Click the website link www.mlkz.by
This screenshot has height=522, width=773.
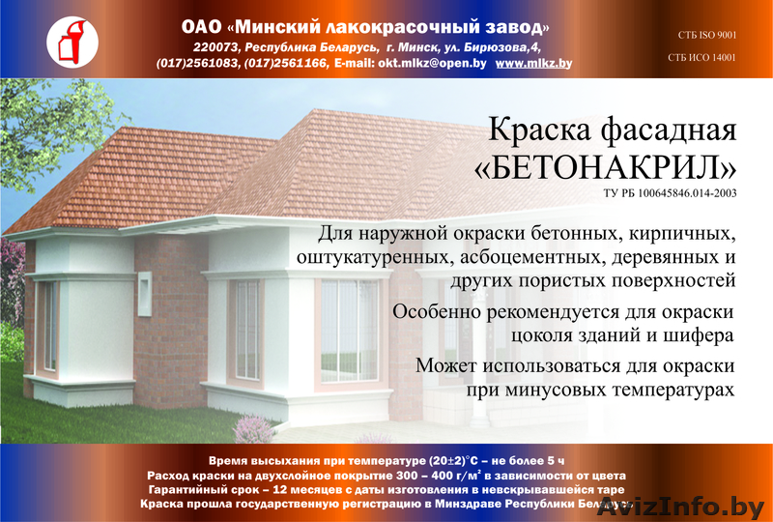click(x=533, y=63)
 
